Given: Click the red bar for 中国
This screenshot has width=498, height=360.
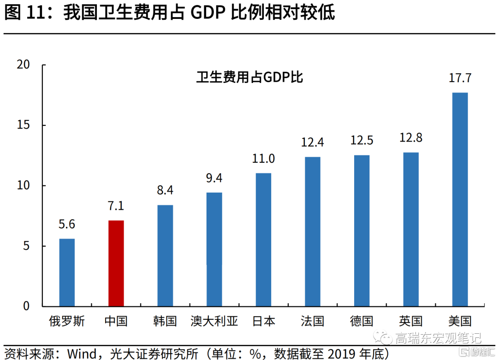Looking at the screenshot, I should point(116,263).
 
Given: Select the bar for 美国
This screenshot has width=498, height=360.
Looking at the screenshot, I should point(460,199).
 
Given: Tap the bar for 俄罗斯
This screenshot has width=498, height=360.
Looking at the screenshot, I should point(67,272).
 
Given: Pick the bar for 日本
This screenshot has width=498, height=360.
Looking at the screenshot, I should point(263,239).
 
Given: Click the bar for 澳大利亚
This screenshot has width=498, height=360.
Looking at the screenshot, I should point(214,249).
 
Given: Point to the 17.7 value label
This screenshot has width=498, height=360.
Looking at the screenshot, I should point(460,78).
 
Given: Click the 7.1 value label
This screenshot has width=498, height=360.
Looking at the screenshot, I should point(116,206).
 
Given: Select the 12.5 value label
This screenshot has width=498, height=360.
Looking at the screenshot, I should point(362,140).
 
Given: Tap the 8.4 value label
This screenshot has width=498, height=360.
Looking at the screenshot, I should point(165,190).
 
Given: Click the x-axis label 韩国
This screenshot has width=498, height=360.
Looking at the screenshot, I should point(165,321).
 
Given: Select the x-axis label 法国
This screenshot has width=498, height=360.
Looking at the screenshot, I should point(312,321).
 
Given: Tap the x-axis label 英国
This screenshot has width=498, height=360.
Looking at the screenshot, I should point(410,321).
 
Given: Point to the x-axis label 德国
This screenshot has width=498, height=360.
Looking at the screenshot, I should point(362,321).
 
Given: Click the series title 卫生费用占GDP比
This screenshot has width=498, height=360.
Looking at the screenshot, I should point(249,77).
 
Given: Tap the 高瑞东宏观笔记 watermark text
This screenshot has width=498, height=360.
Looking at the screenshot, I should point(438,339).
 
